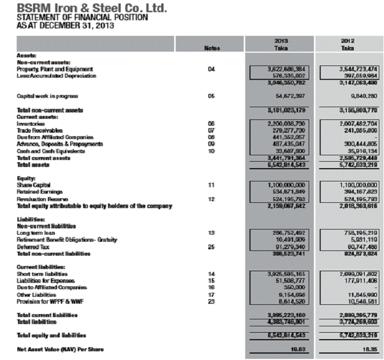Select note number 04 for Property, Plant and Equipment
tap(212, 69)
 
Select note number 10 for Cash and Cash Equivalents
tap(212, 151)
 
